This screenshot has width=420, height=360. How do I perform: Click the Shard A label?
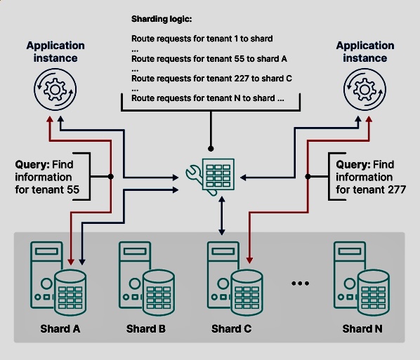click(60, 328)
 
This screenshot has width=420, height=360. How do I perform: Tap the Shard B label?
click(146, 328)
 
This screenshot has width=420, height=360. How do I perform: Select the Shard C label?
click(232, 328)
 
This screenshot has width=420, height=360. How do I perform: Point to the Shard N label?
click(362, 328)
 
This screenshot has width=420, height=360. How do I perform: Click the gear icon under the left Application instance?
click(55, 89)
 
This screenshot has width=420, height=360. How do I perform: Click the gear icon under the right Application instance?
click(365, 89)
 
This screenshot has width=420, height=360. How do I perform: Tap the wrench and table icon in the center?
click(210, 177)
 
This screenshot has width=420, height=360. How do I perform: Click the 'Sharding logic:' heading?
click(162, 19)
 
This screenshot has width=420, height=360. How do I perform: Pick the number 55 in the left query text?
click(73, 189)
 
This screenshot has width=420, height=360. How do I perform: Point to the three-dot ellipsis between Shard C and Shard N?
click(301, 284)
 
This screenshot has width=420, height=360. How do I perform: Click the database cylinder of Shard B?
click(158, 293)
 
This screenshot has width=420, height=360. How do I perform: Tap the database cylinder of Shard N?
click(373, 293)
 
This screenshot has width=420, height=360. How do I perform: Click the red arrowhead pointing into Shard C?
click(249, 260)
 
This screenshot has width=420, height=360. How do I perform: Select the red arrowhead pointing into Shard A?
click(71, 262)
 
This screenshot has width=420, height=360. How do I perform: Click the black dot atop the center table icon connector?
click(211, 149)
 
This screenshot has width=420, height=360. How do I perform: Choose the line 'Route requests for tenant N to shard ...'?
click(208, 98)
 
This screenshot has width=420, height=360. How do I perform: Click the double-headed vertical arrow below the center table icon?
click(222, 215)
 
